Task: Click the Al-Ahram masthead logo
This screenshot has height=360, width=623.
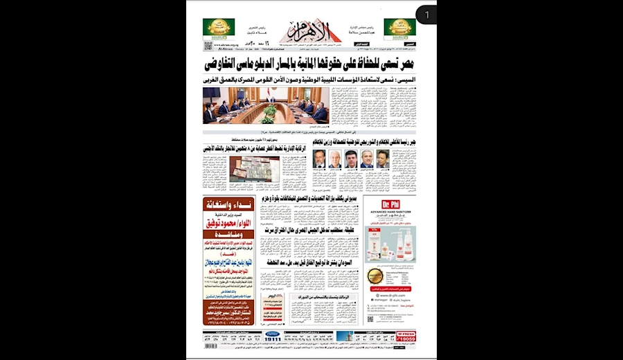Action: [x=311, y=31]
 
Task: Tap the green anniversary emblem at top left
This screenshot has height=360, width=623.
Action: [x=218, y=28]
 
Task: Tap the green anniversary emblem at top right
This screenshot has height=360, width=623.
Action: [x=399, y=28]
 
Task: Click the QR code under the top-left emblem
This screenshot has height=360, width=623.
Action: [x=208, y=46]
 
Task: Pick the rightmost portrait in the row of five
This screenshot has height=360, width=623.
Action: [x=382, y=159]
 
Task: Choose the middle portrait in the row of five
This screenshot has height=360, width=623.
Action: [x=351, y=159]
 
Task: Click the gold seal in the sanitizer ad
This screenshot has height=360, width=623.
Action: [x=374, y=276]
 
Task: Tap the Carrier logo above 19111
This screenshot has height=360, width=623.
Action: [x=273, y=334]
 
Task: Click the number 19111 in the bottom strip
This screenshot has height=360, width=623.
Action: [x=273, y=339]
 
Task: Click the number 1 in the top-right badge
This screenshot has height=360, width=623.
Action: [x=427, y=14]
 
